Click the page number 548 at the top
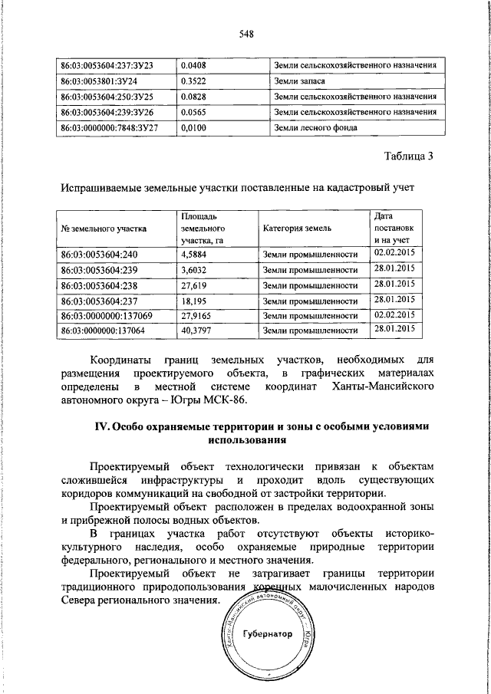click(246, 34)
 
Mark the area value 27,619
click(194, 285)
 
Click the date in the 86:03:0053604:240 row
click(394, 252)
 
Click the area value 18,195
click(194, 300)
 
